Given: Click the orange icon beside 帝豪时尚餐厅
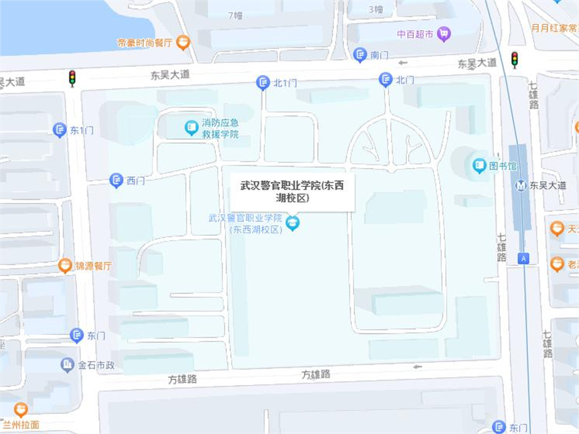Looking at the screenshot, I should pos(183,43).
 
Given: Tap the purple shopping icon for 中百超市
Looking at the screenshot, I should pos(444,33).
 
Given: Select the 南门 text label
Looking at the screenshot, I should pos(379,56).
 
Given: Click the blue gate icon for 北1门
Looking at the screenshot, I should pos(263,83).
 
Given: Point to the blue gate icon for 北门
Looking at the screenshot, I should pos(385,80).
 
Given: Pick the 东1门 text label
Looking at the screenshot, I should pos(82,131).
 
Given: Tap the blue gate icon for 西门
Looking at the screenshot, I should pos(117,180).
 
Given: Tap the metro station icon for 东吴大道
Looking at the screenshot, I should pos(521,186).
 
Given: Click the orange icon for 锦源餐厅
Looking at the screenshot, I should pos(65,266).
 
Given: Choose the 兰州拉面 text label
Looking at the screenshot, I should pos(21,424).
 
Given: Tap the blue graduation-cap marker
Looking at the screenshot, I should pos(292,222).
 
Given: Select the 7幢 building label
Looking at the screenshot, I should pos(235,15).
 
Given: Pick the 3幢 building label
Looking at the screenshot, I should pos(376,9).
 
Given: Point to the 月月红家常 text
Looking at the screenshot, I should pos(554,28).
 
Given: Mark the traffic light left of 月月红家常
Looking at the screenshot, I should pos(515,60).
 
